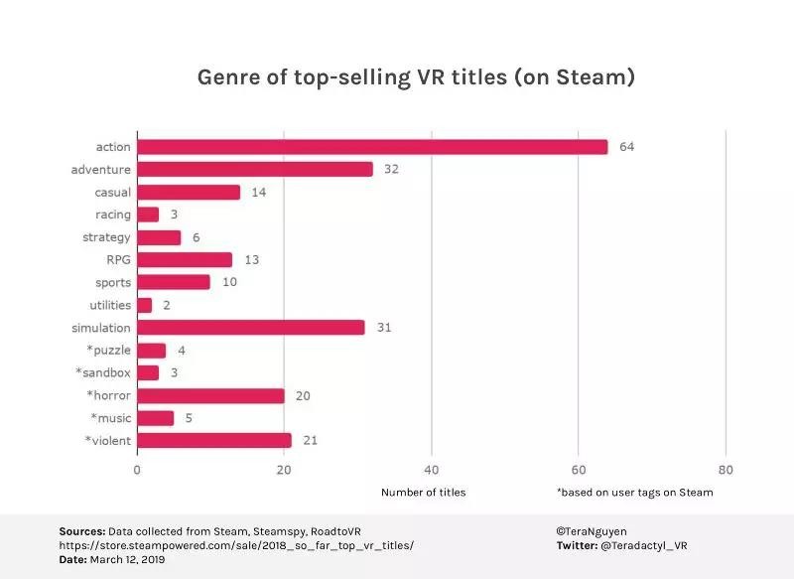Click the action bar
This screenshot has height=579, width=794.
[372, 147]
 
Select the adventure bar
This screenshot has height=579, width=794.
[255, 170]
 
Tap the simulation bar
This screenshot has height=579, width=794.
[251, 328]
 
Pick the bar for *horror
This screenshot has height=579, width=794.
[210, 395]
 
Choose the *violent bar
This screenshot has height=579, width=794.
[214, 440]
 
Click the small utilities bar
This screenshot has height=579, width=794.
[145, 305]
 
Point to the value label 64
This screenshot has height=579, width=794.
[626, 147]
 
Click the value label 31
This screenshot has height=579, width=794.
[383, 328]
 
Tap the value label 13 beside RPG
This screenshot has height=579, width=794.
[250, 260]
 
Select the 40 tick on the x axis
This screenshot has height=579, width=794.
[431, 470]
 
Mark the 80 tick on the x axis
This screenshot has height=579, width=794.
[726, 470]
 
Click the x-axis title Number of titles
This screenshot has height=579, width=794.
[423, 492]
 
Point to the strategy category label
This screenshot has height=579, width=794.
[106, 237]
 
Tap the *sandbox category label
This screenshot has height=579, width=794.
[103, 372]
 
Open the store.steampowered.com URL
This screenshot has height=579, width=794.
[236, 545]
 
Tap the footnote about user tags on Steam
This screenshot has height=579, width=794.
[634, 492]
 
